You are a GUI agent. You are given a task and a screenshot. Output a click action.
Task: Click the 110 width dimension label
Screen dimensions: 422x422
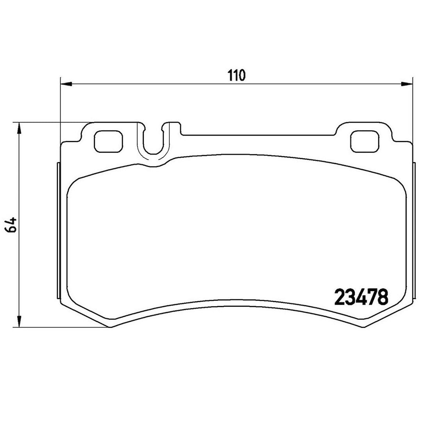click(x=236, y=75)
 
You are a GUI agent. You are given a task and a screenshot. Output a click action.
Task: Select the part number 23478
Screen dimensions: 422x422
click(x=361, y=297)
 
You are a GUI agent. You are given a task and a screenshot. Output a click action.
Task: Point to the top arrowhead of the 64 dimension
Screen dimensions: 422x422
click(x=19, y=129)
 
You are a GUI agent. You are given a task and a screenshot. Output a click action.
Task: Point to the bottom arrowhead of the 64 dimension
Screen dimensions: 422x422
click(x=19, y=321)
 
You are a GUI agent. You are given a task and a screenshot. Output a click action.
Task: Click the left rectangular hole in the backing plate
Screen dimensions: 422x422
click(x=108, y=141)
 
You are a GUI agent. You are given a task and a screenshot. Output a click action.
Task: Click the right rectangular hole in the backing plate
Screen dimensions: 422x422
click(x=365, y=141)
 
